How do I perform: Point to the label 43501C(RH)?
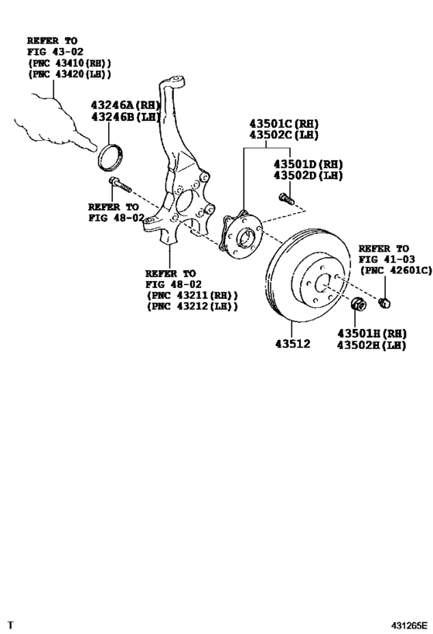click(283, 123)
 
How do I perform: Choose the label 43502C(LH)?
click(283, 135)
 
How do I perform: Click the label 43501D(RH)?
click(307, 165)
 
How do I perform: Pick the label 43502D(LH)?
click(307, 176)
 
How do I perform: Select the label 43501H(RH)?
click(371, 334)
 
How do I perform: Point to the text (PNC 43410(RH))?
click(70, 63)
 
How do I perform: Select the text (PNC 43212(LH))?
click(192, 307)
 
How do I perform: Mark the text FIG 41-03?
click(387, 259)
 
